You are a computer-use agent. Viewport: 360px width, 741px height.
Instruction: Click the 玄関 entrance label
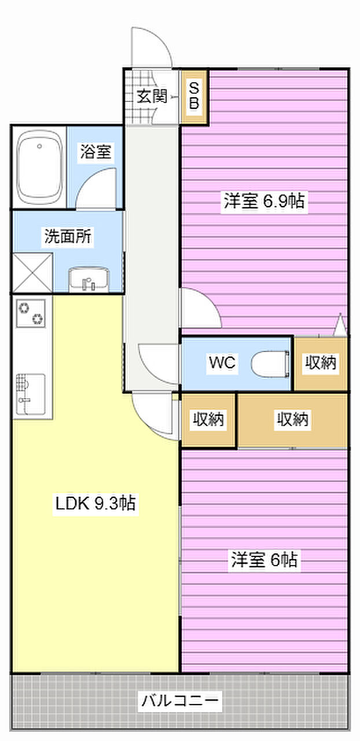click(152, 96)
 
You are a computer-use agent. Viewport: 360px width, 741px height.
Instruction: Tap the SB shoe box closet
click(194, 97)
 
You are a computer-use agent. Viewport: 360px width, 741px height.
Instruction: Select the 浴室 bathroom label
click(96, 152)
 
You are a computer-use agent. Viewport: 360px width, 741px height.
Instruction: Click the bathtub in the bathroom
click(40, 167)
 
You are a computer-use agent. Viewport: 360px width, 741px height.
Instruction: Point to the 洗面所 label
click(68, 236)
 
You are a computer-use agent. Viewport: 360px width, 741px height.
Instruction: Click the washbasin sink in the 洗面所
click(89, 280)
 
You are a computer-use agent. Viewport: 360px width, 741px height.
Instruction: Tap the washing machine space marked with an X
click(32, 273)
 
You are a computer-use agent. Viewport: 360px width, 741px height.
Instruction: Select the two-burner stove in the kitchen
click(31, 313)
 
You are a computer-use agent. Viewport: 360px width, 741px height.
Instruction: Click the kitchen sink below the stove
click(31, 394)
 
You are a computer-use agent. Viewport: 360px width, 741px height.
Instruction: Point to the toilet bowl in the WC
click(270, 364)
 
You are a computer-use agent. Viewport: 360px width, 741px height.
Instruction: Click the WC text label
click(222, 363)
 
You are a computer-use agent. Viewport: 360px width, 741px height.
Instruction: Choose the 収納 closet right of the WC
click(321, 364)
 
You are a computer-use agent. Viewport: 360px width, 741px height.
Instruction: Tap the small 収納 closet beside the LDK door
click(209, 420)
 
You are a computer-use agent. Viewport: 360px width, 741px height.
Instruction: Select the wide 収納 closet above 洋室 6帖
click(292, 420)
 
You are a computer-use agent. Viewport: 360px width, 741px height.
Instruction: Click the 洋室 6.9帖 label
click(264, 201)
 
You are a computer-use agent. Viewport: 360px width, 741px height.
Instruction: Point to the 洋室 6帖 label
click(264, 560)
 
